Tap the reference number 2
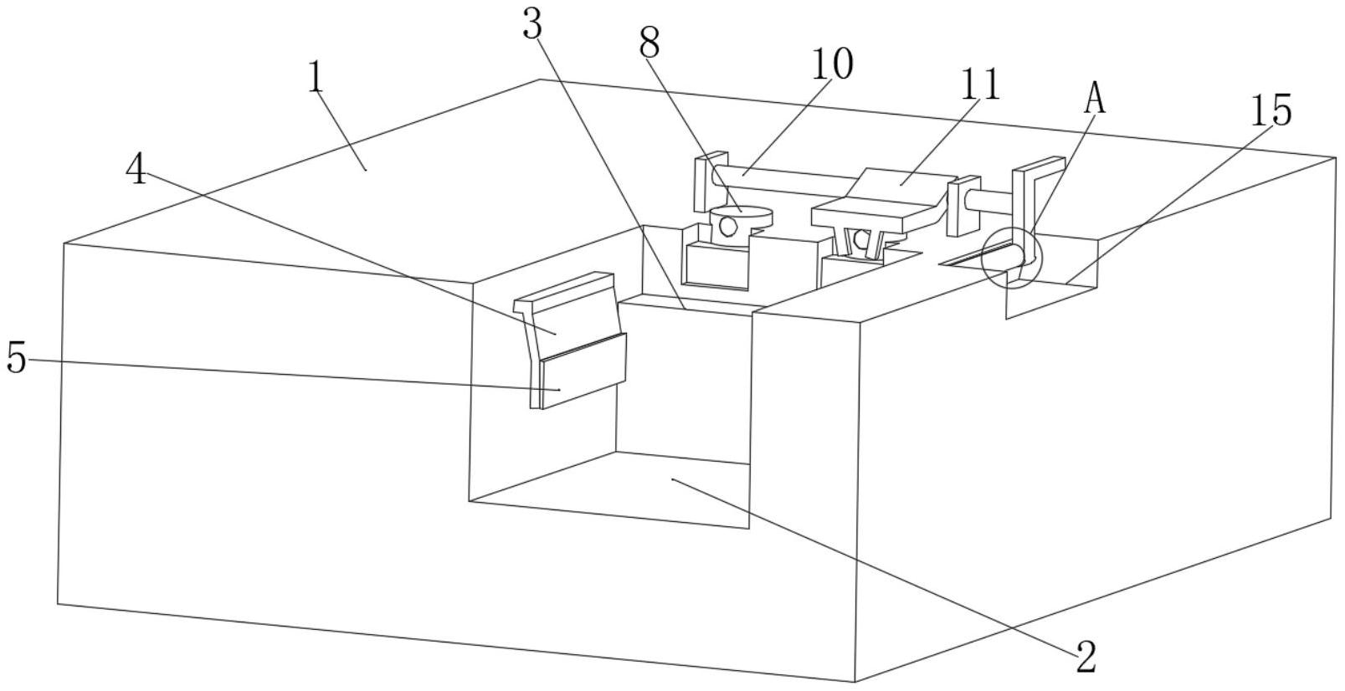[x=1085, y=658]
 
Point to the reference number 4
[x=136, y=171]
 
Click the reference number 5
[x=16, y=359]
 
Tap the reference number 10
[x=831, y=64]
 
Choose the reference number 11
[x=980, y=84]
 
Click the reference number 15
[x=1271, y=110]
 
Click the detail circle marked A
[x=1011, y=257]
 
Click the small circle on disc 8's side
[x=728, y=226]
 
